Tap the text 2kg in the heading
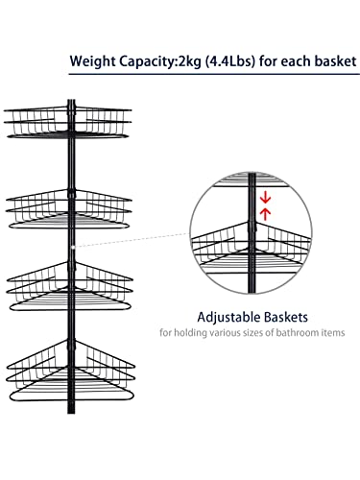coord(189,61)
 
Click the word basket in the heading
coord(335,60)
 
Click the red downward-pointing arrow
coord(265,198)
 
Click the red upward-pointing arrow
coord(265,214)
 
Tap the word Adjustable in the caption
coord(228,318)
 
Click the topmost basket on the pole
coord(67,123)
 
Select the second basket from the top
coord(68,209)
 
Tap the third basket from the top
coord(69,286)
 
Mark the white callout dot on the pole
coord(73,247)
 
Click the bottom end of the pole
coord(71,413)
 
